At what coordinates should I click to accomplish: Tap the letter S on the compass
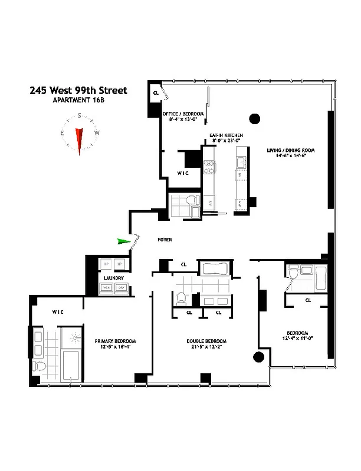click(79, 116)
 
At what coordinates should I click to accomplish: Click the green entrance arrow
click(124, 241)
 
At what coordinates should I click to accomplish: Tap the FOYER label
click(165, 240)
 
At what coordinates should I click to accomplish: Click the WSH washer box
click(107, 287)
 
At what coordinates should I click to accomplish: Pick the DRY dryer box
click(121, 287)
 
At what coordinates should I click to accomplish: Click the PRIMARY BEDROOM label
click(116, 341)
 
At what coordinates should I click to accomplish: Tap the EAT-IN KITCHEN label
click(227, 135)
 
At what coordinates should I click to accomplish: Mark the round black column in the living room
click(254, 120)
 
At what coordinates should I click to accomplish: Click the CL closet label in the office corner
click(156, 93)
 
